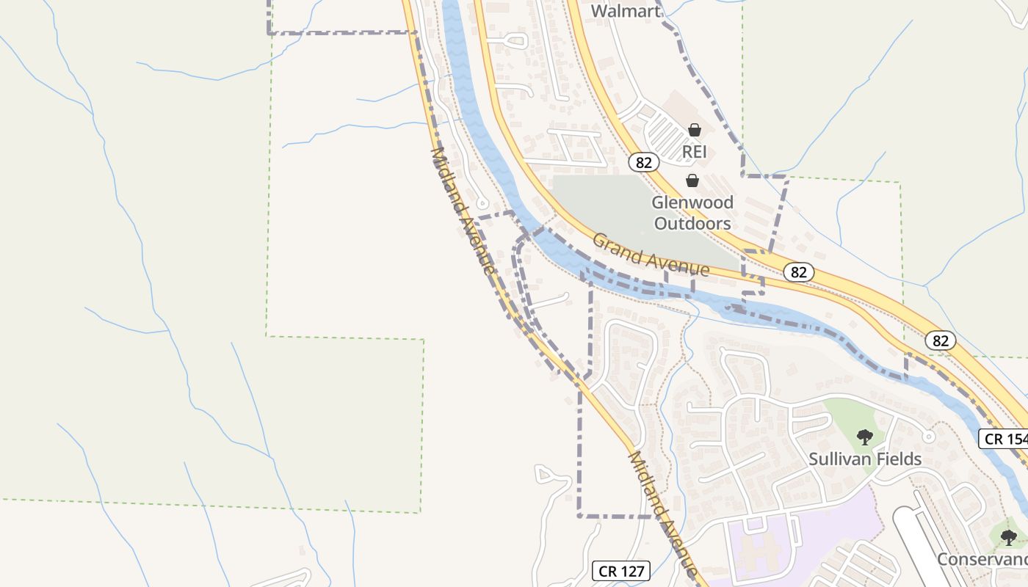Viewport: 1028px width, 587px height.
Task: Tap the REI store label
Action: tap(694, 152)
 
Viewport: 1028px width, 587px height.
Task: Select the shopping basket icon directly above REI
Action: tap(694, 131)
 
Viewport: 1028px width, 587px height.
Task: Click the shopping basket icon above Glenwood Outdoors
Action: tap(692, 181)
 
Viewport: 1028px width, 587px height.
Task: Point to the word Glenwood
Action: tap(693, 203)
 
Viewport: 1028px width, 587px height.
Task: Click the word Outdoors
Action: tap(692, 223)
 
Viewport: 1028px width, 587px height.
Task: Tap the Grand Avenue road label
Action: tap(651, 255)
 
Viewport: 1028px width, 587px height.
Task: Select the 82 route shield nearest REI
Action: tap(643, 162)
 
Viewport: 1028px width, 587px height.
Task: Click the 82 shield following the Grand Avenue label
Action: tap(798, 272)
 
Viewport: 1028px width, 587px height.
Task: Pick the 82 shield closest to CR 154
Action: tap(941, 340)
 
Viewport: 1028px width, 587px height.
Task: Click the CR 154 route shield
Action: tap(1005, 439)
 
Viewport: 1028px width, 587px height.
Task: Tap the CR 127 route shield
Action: tap(621, 571)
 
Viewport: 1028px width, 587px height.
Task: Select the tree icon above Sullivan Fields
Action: tap(865, 437)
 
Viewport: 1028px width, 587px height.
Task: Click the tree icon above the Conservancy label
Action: tap(1009, 537)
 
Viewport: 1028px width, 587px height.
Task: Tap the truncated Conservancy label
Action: tap(982, 559)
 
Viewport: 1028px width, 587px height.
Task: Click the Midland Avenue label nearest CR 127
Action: tap(662, 514)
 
